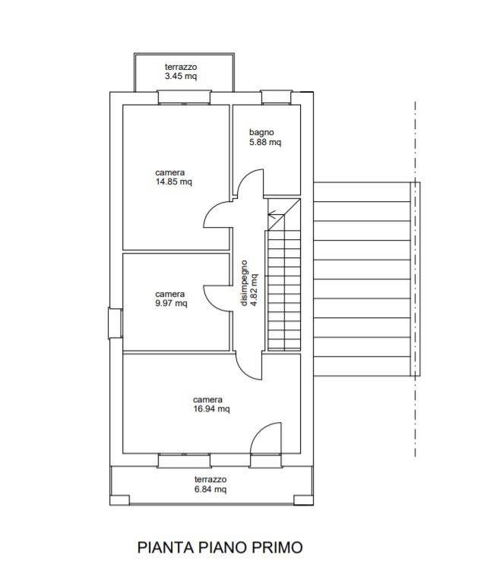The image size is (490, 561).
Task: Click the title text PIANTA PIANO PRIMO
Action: click(220, 547)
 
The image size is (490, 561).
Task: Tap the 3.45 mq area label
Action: click(181, 76)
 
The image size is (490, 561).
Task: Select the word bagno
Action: click(261, 132)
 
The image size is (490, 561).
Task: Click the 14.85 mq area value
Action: click(174, 181)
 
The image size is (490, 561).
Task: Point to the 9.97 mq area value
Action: click(171, 303)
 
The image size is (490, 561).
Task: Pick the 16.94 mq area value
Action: click(211, 408)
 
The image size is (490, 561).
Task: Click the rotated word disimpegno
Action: click(244, 283)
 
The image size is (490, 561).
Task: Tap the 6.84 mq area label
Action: click(210, 489)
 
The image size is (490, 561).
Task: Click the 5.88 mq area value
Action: click(265, 142)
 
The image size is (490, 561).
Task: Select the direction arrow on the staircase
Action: click(276, 215)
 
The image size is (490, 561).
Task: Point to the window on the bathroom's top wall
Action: click(276, 97)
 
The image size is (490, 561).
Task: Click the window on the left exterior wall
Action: click(115, 323)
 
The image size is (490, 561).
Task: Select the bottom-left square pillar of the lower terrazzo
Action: click(119, 500)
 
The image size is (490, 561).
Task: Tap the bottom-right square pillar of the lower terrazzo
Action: click(304, 500)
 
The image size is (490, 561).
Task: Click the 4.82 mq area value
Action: click(254, 290)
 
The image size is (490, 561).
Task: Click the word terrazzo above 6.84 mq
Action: click(210, 479)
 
